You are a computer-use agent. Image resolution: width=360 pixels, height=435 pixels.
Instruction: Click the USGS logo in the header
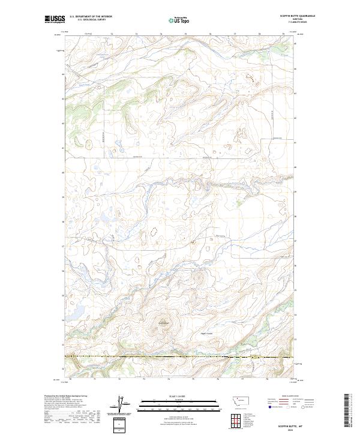click(55, 19)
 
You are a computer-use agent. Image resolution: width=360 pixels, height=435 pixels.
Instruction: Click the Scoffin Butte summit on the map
click(163, 324)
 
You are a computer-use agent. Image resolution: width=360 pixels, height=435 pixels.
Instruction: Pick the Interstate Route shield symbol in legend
click(268, 406)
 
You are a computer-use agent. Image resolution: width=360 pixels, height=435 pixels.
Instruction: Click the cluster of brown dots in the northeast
click(249, 76)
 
